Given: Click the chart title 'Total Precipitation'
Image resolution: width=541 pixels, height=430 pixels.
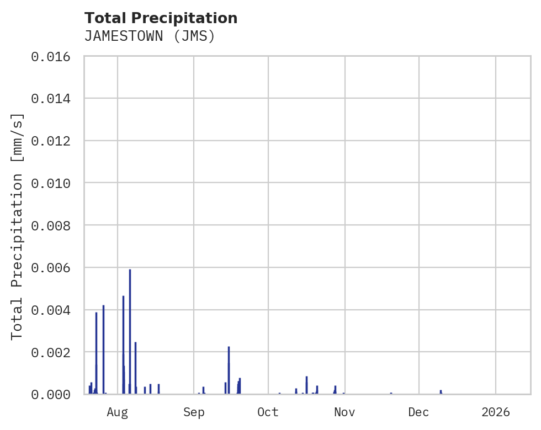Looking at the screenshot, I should pyautogui.click(x=161, y=18).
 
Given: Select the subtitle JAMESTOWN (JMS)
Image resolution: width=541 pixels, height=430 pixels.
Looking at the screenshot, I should pyautogui.click(x=149, y=36).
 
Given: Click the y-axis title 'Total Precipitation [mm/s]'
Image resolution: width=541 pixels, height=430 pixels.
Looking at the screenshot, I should pyautogui.click(x=18, y=225).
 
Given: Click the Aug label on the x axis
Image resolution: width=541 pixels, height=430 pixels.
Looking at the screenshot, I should pyautogui.click(x=118, y=412).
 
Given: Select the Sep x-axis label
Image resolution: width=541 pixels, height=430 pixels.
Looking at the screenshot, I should pyautogui.click(x=194, y=412).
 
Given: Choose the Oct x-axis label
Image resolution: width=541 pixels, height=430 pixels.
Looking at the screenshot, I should pyautogui.click(x=268, y=412).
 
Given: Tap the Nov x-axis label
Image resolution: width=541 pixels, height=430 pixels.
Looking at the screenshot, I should pyautogui.click(x=344, y=412).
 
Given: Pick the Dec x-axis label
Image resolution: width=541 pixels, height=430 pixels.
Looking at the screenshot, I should pyautogui.click(x=419, y=412).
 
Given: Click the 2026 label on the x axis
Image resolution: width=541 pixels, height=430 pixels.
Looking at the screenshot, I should pyautogui.click(x=496, y=412).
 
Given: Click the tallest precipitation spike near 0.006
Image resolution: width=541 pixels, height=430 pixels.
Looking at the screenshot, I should pyautogui.click(x=130, y=331).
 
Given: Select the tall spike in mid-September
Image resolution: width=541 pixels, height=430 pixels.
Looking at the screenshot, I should pyautogui.click(x=229, y=369).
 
